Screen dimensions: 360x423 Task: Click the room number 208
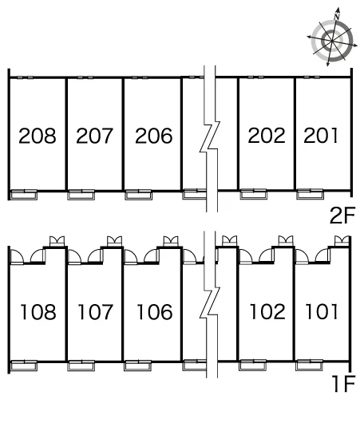(x=38, y=136)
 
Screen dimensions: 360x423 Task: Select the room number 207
(x=94, y=136)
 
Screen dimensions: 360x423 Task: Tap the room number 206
(x=153, y=136)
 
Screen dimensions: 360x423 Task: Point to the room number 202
(x=267, y=136)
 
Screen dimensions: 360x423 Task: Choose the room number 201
(x=321, y=136)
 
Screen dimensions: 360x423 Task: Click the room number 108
(x=38, y=312)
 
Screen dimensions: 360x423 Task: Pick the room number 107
(x=95, y=312)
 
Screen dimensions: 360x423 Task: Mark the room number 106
(x=154, y=312)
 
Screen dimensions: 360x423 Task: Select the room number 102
(x=267, y=312)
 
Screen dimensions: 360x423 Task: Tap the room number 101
(x=322, y=312)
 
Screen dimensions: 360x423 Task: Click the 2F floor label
(x=342, y=215)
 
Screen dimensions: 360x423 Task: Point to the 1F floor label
(x=343, y=383)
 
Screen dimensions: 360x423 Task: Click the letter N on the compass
(x=337, y=17)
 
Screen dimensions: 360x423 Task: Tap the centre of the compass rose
(x=332, y=41)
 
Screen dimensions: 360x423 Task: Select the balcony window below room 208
(x=24, y=195)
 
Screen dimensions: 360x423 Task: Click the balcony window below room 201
(x=310, y=194)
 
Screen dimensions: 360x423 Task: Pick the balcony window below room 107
(x=81, y=366)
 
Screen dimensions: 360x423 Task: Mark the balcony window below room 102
(x=252, y=365)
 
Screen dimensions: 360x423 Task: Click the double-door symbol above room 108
(x=57, y=241)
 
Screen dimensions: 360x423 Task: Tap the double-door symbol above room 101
(x=342, y=241)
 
